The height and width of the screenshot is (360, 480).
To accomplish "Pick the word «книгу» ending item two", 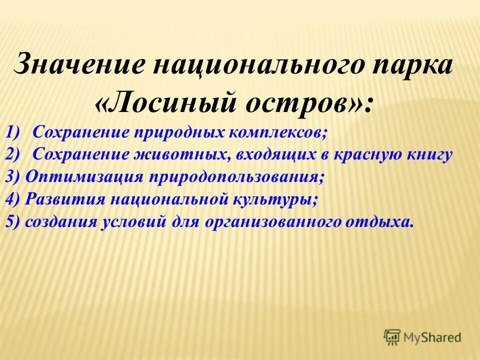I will click(x=427, y=155).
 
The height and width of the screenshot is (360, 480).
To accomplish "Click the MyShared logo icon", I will click(x=392, y=336).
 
